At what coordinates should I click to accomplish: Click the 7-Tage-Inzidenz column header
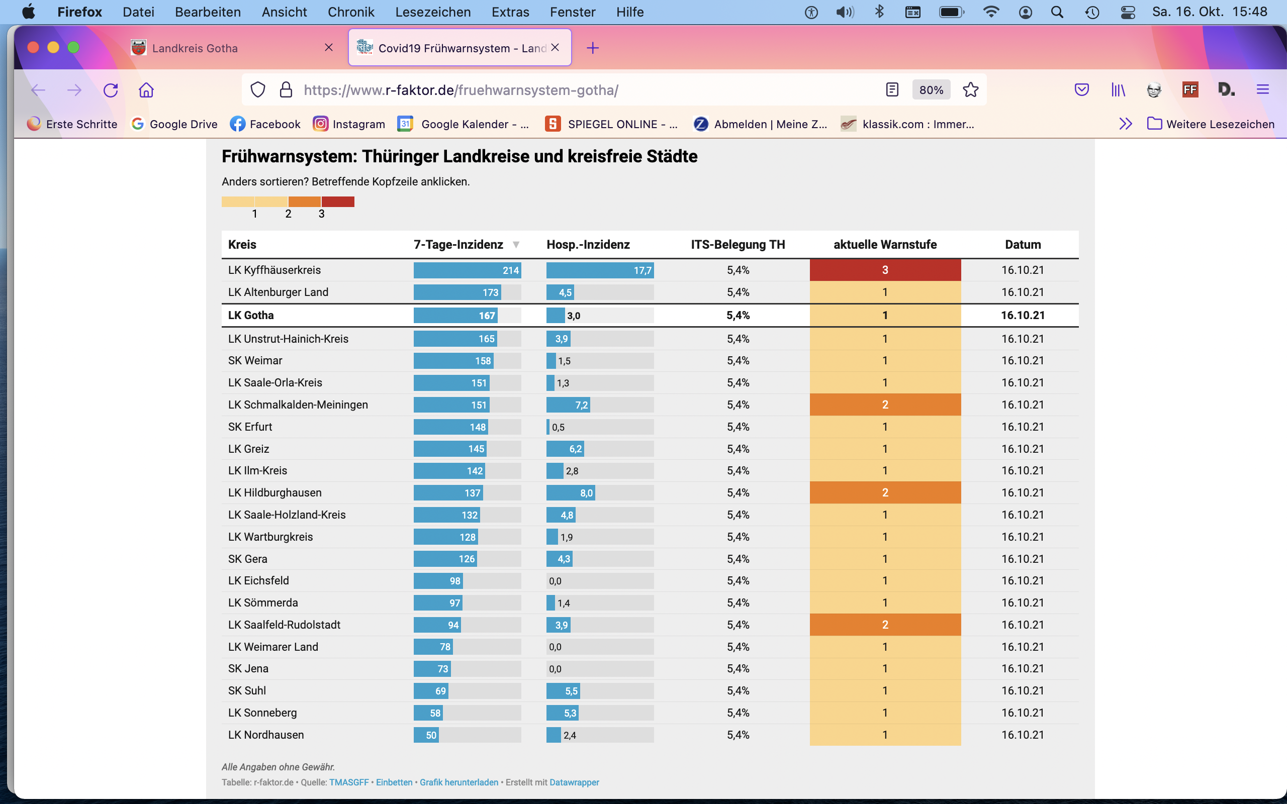click(x=458, y=245)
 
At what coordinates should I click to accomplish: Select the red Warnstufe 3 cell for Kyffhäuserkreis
click(x=885, y=270)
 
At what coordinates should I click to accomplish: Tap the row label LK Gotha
click(x=251, y=316)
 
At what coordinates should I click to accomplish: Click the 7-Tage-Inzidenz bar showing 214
click(x=467, y=270)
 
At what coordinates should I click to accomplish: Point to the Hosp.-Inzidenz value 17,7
click(x=642, y=271)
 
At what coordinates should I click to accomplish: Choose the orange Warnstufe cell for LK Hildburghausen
click(x=885, y=492)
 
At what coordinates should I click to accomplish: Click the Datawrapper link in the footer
click(x=574, y=782)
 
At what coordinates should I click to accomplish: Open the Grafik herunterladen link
click(x=459, y=782)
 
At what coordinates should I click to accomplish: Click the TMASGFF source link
click(x=349, y=782)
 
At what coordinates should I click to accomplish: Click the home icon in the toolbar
click(x=146, y=90)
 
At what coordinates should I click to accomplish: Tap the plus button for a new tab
click(x=592, y=48)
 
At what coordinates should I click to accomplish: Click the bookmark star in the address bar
click(x=971, y=90)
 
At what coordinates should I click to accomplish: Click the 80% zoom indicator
click(x=931, y=90)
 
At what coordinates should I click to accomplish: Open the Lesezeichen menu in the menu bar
click(x=433, y=12)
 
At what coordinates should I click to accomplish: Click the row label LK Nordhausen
click(x=266, y=735)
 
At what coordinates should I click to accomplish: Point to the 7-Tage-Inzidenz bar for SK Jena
click(x=432, y=669)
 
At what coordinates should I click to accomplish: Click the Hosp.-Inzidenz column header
click(x=588, y=245)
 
